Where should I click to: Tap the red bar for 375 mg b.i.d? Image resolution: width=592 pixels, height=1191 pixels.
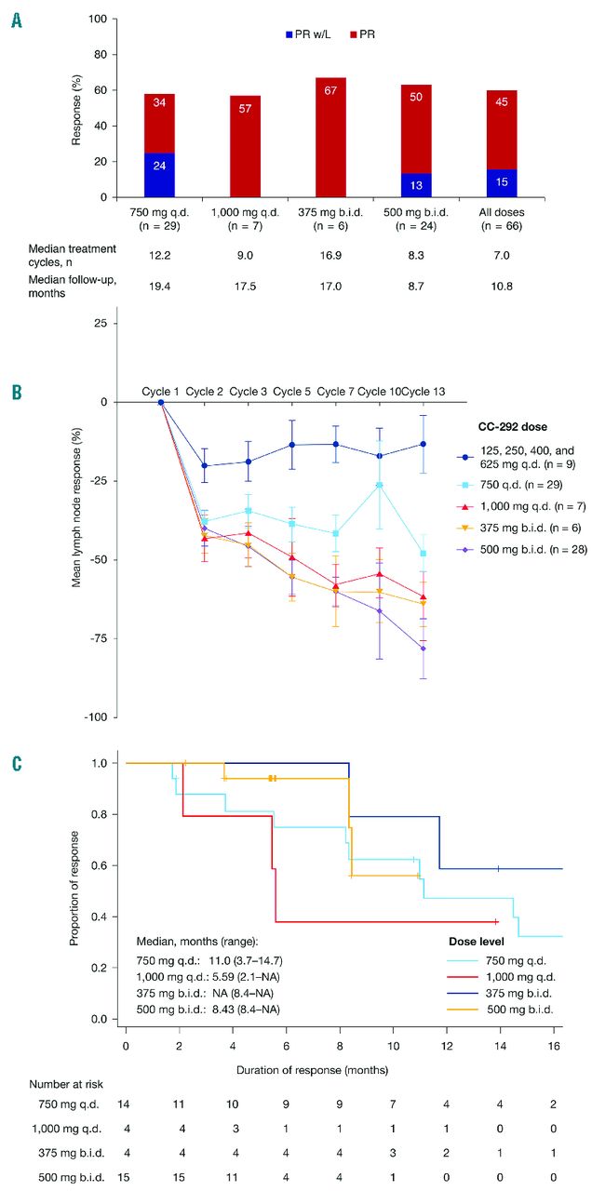tap(330, 137)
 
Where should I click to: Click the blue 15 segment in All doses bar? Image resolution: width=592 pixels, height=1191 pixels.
tap(503, 183)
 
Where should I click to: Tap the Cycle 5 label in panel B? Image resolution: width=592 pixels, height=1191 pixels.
tap(291, 392)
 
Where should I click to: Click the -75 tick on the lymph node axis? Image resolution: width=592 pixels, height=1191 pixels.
tap(100, 638)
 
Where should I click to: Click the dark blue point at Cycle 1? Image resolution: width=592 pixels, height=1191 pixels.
tap(161, 402)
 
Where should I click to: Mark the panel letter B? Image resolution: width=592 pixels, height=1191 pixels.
tap(17, 392)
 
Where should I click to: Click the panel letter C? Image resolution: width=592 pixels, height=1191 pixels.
tap(17, 765)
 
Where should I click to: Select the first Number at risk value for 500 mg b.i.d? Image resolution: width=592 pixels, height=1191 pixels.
tap(124, 1176)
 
